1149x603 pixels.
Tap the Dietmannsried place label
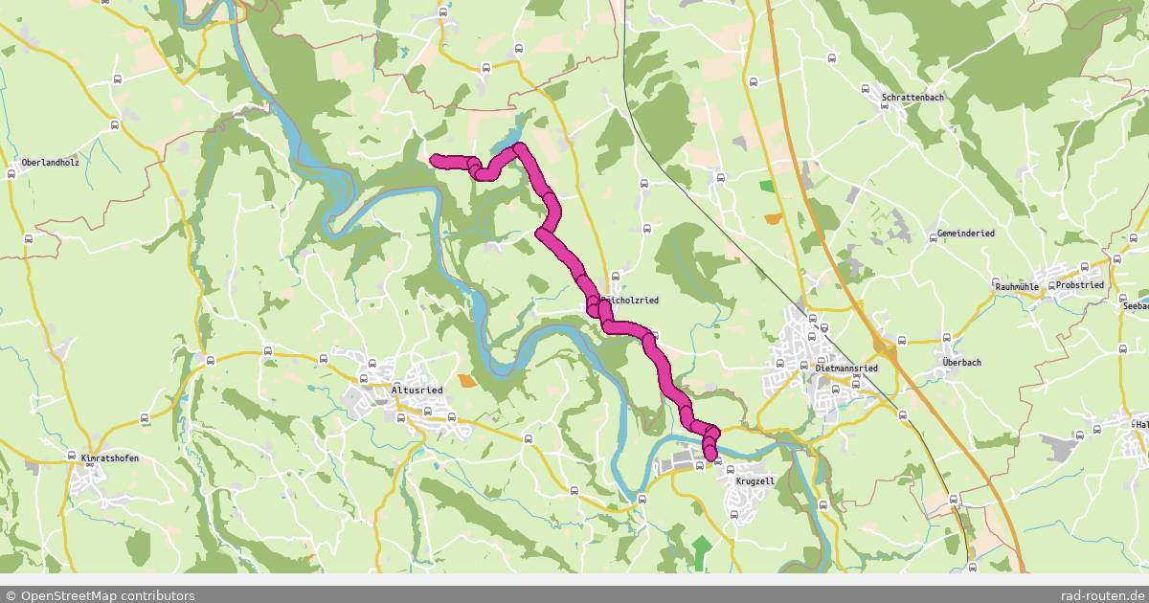(845, 368)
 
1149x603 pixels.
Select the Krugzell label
(754, 481)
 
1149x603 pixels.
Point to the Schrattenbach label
(913, 99)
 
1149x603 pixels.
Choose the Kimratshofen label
(109, 458)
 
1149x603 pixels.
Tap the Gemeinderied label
(966, 234)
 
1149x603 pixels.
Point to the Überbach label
(960, 363)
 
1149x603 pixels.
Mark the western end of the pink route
(434, 158)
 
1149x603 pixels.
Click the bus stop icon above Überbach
(947, 337)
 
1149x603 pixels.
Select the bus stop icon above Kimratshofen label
(73, 441)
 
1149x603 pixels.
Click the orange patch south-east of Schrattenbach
(773, 219)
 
